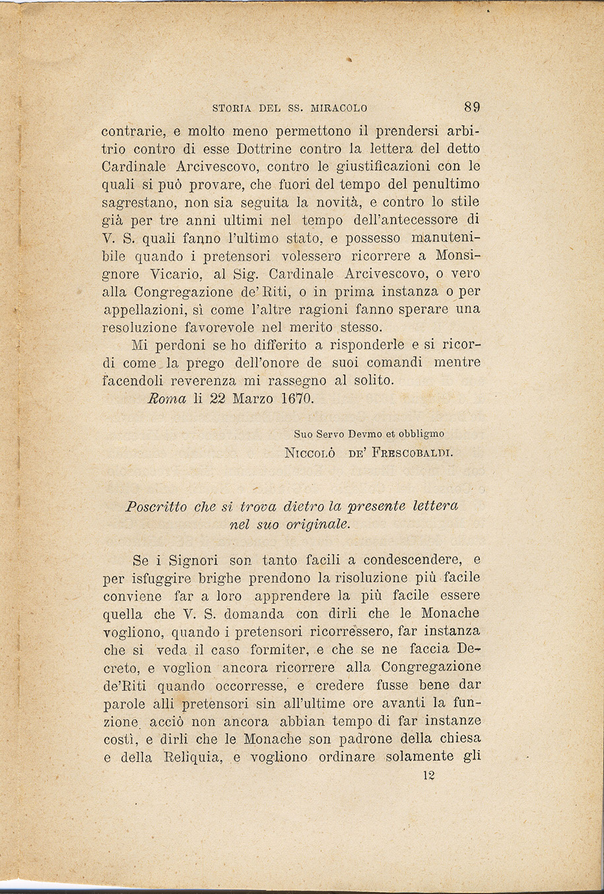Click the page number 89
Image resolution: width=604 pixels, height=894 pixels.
click(x=471, y=107)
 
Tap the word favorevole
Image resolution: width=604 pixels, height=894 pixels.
click(x=210, y=327)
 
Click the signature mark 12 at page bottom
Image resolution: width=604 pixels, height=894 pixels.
click(x=428, y=776)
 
